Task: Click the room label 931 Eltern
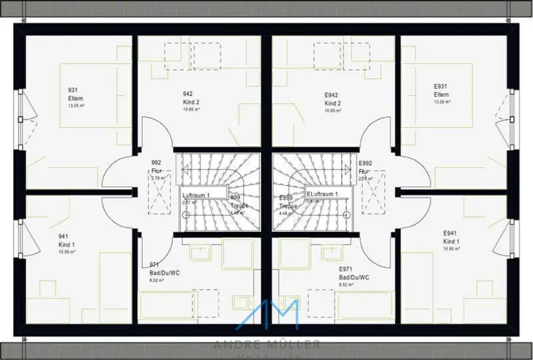point(75,94)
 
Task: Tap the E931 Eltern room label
point(441,90)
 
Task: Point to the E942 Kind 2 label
point(333,99)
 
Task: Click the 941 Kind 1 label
point(66,240)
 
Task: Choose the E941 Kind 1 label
point(451,238)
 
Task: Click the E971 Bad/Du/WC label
point(354,273)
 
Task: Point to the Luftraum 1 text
point(196,195)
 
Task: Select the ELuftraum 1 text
point(322,194)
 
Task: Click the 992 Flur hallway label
point(156,167)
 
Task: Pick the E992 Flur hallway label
point(365,167)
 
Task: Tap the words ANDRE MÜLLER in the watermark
point(266,345)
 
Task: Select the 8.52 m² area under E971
point(346,284)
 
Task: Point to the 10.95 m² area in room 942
point(191,109)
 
